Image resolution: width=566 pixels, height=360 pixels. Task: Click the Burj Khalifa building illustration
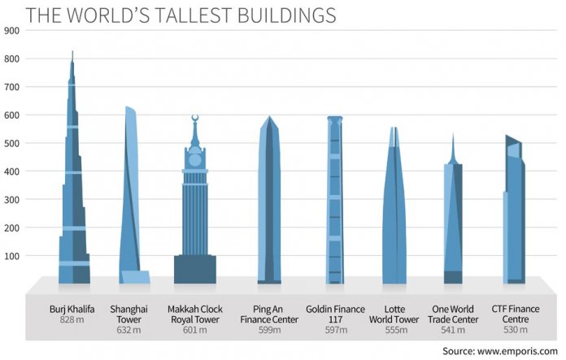[x=72, y=203]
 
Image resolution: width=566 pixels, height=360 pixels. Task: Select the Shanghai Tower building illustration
[x=133, y=203]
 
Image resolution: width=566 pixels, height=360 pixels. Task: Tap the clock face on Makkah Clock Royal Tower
[x=194, y=159]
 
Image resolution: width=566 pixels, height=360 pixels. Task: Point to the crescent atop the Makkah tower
[x=194, y=119]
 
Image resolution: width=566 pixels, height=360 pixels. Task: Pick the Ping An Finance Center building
[x=269, y=203]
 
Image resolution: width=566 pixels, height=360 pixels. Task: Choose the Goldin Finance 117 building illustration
[x=334, y=203]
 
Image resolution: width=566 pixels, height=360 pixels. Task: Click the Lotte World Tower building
[x=394, y=211]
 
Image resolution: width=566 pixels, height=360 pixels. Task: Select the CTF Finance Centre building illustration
[x=514, y=211]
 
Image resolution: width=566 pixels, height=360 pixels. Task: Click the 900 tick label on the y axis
[x=11, y=30]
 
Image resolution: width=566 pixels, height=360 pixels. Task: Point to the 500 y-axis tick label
[x=11, y=143]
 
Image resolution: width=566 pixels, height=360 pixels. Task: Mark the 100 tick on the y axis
[x=11, y=256]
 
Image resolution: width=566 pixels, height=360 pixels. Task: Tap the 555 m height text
[x=394, y=329]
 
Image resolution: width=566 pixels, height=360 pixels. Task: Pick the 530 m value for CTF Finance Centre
[x=514, y=329]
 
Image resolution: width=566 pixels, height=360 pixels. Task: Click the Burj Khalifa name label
[x=72, y=310]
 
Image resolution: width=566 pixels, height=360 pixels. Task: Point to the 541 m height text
[x=454, y=329]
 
